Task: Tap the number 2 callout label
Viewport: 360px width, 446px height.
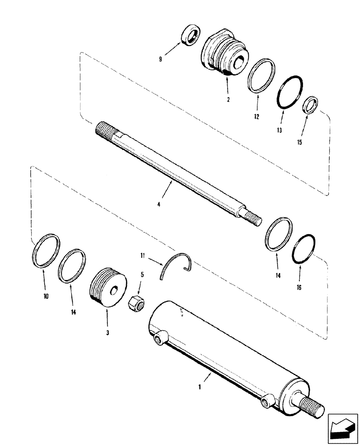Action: (x=228, y=100)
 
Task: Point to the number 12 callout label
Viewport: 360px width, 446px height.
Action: (x=256, y=117)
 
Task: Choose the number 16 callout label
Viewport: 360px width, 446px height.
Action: (x=299, y=288)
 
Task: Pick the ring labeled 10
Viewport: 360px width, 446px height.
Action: (x=46, y=251)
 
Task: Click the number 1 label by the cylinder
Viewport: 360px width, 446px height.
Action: (x=200, y=388)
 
